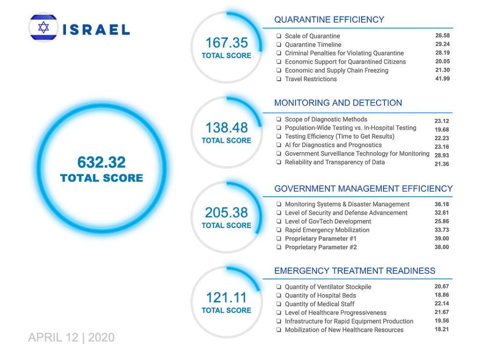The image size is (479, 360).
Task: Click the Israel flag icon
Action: pos(44,28)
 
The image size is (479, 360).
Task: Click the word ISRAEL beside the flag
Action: pos(96,30)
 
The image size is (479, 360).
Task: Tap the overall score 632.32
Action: pos(102,162)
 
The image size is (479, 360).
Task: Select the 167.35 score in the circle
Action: pos(226,43)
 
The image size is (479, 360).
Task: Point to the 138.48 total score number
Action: pos(226,128)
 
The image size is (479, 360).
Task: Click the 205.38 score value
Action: pos(226,213)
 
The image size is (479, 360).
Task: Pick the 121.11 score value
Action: pos(226,298)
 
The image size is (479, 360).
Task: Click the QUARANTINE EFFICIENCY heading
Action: pos(329,20)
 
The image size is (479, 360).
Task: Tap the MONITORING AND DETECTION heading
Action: pos(338,103)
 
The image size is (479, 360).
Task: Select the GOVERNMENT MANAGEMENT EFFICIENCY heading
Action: pos(363,189)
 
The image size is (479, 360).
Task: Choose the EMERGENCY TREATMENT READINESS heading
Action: pos(355,271)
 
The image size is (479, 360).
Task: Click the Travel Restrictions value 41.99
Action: pos(442,79)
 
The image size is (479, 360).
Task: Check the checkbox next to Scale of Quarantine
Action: pos(278,36)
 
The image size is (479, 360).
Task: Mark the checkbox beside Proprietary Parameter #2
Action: pos(278,247)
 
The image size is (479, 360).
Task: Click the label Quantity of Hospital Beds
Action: pos(320,295)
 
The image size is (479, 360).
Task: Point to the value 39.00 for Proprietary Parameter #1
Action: pos(442,238)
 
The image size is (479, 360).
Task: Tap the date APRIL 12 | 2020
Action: pos(71,338)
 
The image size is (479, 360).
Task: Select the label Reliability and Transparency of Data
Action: pos(334,162)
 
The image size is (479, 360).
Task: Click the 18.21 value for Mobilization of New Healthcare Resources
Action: pos(442,329)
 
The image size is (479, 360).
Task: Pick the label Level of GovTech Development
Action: pos(327,221)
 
